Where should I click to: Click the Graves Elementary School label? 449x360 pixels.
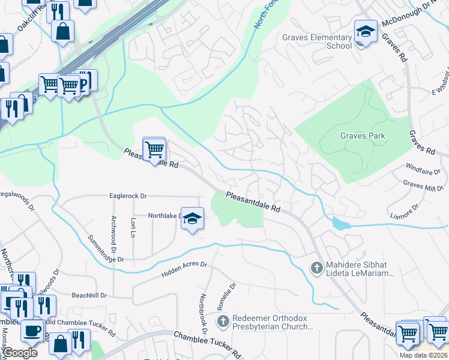317,41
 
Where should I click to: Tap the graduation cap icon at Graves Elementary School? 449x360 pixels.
365,30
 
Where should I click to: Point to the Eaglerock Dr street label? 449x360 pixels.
128,196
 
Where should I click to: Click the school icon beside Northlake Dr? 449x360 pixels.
193,218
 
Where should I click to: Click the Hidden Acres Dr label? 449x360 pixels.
184,269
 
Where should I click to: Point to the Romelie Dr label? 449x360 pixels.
230,293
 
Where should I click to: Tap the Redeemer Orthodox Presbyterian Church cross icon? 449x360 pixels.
223,322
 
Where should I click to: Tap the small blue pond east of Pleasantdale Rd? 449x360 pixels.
340,224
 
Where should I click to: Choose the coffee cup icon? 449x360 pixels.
32,330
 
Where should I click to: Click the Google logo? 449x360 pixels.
20,353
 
